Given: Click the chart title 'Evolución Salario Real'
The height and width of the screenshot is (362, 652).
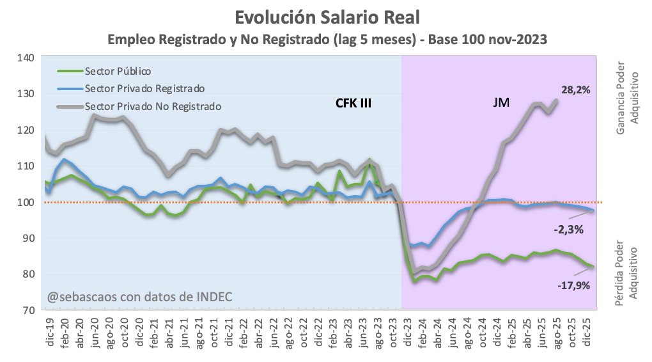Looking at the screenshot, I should coord(326,16).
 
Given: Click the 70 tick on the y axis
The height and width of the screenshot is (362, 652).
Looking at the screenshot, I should coord(27,311).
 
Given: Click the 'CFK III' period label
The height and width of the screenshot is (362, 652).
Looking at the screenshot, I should coord(353,102).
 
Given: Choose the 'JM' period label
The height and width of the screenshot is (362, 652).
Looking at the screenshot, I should coord(501,102).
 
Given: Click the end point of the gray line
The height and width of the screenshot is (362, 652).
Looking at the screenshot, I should coord(556,100).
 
